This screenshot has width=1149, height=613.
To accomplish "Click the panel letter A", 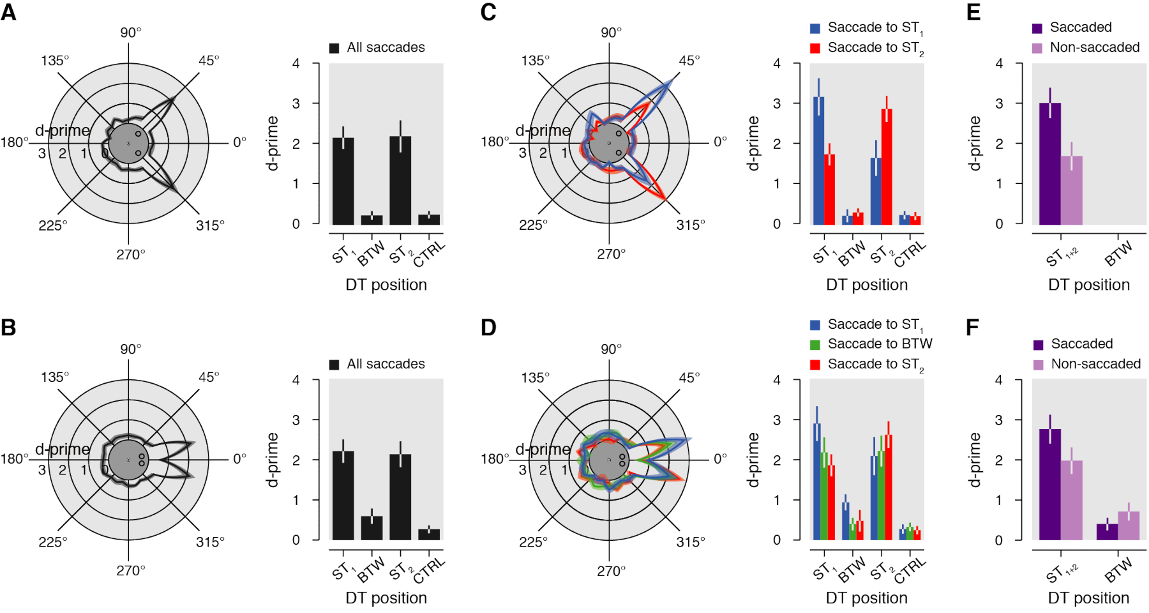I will pos(9,12).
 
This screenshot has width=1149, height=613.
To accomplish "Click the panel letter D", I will pos(488,328).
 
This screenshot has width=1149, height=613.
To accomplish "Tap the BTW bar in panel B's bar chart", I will pos(372,528).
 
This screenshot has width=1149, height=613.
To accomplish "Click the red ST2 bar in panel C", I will pos(887,167).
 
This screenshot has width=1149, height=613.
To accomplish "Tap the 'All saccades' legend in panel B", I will pos(377,364).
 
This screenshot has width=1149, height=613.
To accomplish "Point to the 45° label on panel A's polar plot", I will pos(209,61).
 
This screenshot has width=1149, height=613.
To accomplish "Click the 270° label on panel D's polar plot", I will pos(611,571).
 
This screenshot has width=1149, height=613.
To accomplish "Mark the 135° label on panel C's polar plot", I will pos(536,61).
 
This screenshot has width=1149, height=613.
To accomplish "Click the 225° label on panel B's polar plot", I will pos(52,542).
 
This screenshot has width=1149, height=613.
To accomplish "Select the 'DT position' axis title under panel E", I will pos(1088,285).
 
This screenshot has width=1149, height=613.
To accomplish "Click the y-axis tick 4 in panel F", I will pos(999,380).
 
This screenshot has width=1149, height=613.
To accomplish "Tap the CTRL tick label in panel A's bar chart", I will pos(429,254).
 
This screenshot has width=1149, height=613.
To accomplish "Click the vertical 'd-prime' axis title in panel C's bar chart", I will pos(753,143).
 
